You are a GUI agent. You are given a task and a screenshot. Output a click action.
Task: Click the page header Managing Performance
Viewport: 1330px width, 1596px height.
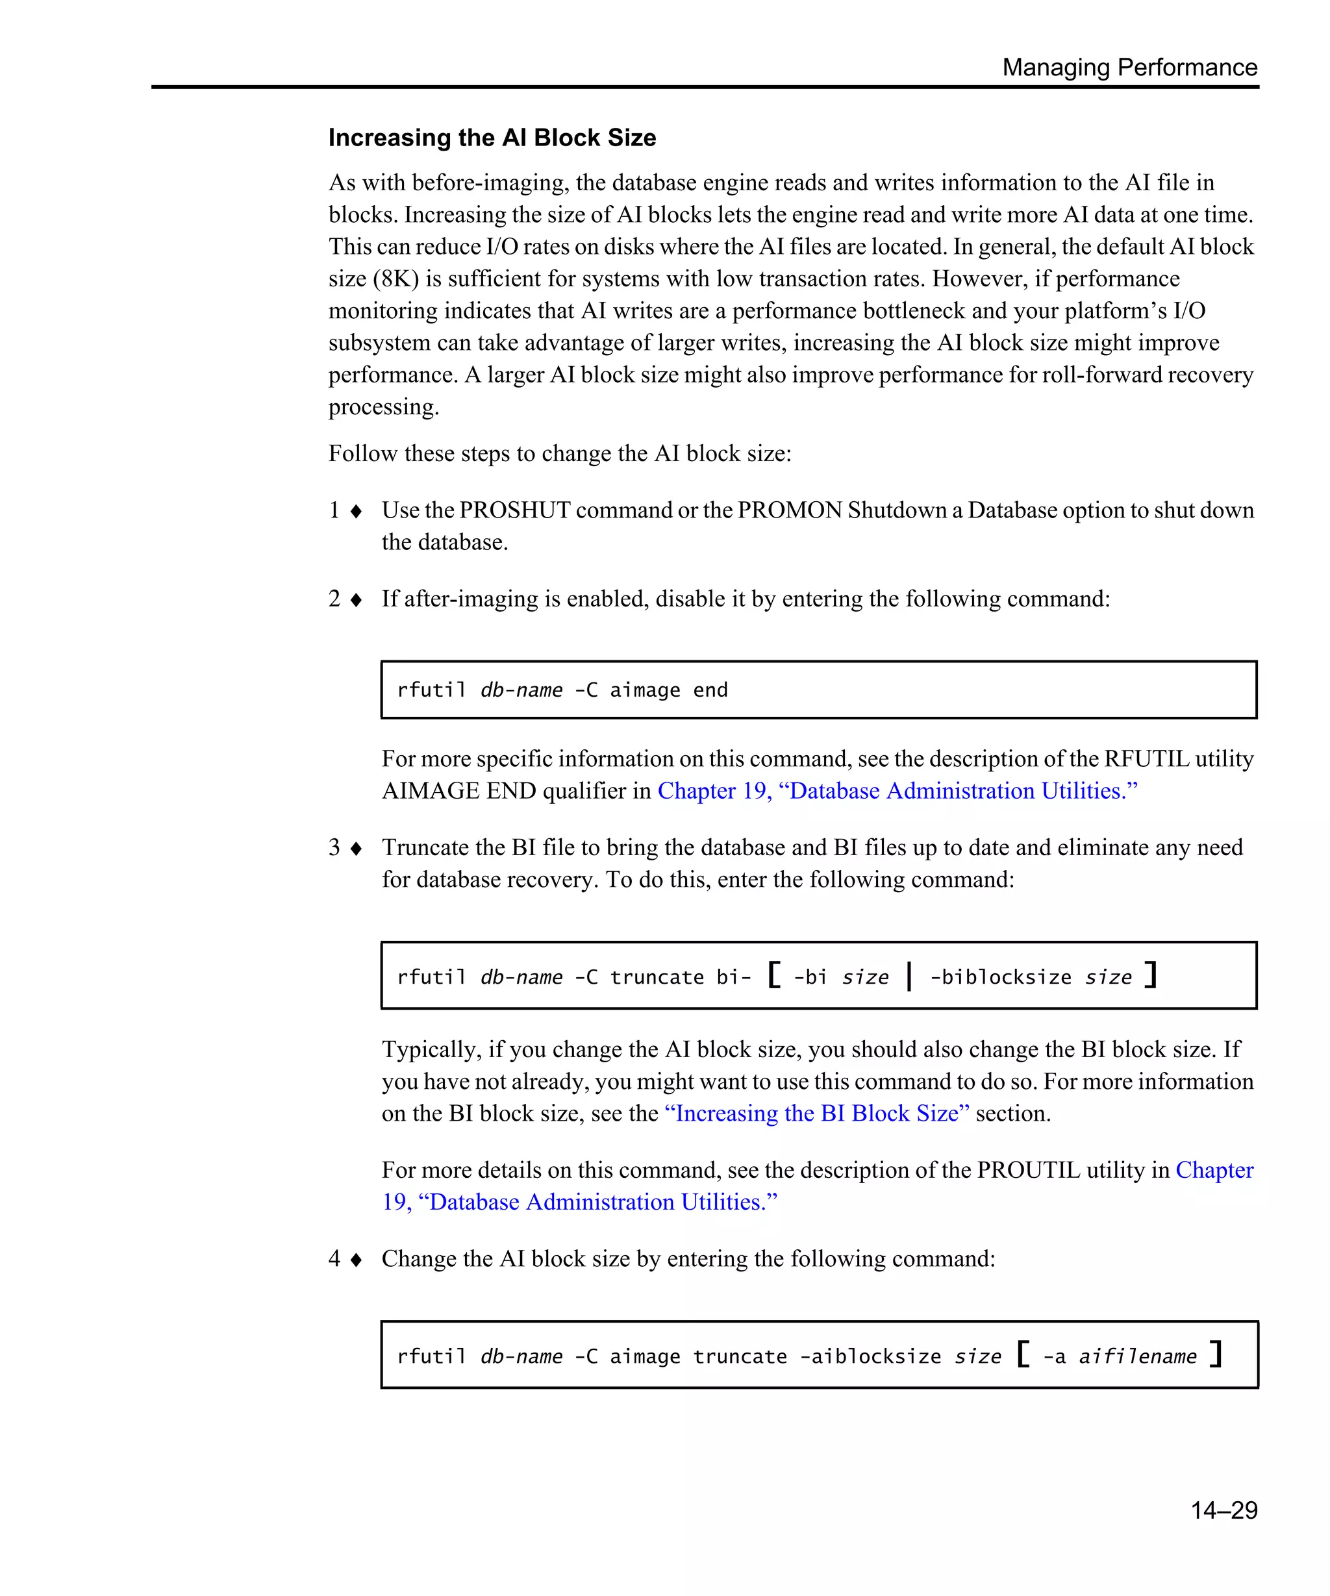click(x=1129, y=68)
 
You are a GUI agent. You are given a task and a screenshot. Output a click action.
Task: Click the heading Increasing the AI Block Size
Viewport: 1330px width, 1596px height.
click(x=492, y=138)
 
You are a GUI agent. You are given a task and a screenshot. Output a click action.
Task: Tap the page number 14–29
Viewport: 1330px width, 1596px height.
click(x=1223, y=1510)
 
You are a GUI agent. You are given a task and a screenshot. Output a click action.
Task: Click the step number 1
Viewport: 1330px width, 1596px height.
click(x=334, y=510)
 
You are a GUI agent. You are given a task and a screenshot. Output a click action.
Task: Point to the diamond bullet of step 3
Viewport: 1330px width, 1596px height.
click(x=356, y=848)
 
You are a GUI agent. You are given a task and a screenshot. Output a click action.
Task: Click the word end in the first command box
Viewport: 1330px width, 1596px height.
click(x=710, y=690)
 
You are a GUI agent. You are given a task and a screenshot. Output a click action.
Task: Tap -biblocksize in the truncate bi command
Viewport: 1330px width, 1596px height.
click(x=1000, y=977)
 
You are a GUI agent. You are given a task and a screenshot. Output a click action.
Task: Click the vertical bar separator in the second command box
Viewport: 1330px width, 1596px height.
click(x=909, y=976)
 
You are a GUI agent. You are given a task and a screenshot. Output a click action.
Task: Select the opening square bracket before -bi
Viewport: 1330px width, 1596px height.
click(x=773, y=975)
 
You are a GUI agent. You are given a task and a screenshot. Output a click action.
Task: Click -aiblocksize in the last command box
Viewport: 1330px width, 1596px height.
click(x=870, y=1356)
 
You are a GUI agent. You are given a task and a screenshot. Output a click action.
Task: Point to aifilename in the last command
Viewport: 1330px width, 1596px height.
click(x=1137, y=1356)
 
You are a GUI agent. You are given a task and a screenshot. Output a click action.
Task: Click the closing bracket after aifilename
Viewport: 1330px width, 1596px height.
click(x=1216, y=1354)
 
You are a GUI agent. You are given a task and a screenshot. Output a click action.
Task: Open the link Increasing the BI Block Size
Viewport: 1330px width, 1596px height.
click(x=817, y=1114)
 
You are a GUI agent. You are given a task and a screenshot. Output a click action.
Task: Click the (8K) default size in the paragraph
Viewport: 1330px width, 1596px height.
click(x=396, y=279)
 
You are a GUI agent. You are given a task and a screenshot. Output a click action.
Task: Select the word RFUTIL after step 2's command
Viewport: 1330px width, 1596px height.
click(x=1146, y=758)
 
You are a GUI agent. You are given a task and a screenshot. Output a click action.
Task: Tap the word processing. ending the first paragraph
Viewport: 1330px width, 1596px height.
click(x=384, y=407)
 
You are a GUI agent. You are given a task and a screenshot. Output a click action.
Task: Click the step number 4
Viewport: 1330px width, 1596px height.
click(x=334, y=1258)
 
